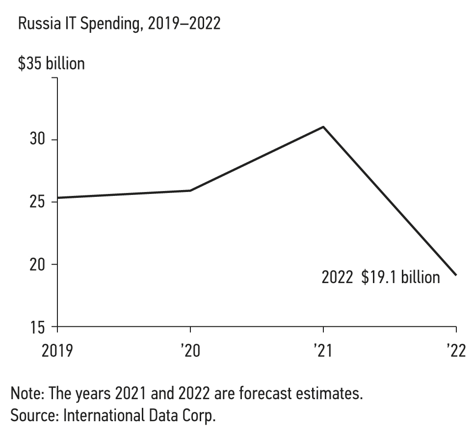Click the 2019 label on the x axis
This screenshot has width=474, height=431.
coord(58,351)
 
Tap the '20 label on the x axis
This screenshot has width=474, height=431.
coord(190,351)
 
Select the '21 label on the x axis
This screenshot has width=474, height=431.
coord(323,351)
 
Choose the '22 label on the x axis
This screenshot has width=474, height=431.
coord(455,351)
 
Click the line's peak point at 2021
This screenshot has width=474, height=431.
coord(323,127)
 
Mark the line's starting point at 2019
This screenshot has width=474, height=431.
coord(58,198)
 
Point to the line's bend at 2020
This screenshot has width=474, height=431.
coord(190,191)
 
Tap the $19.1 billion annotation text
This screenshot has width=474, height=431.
coord(400,277)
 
